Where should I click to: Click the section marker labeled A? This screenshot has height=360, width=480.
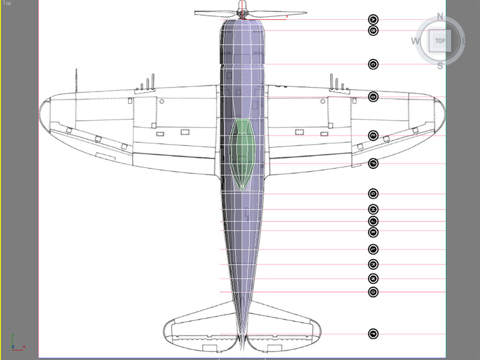click(373, 19)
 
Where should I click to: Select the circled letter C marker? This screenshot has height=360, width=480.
click(373, 64)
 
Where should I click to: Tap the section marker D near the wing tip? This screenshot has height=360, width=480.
click(373, 97)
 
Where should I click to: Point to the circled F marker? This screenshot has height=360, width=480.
click(373, 163)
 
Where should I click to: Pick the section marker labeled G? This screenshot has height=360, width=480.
click(373, 194)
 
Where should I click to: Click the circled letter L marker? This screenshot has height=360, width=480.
click(373, 249)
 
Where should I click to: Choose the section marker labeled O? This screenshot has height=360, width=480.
click(373, 292)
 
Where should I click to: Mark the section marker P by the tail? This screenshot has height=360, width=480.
click(373, 334)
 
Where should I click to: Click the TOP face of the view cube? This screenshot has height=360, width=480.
click(440, 41)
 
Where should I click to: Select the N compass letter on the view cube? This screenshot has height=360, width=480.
click(440, 16)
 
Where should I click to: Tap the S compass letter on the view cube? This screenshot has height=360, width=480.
click(440, 65)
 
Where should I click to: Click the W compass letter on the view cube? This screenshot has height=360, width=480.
click(415, 41)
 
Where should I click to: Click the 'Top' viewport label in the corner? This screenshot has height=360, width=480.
click(7, 3)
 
